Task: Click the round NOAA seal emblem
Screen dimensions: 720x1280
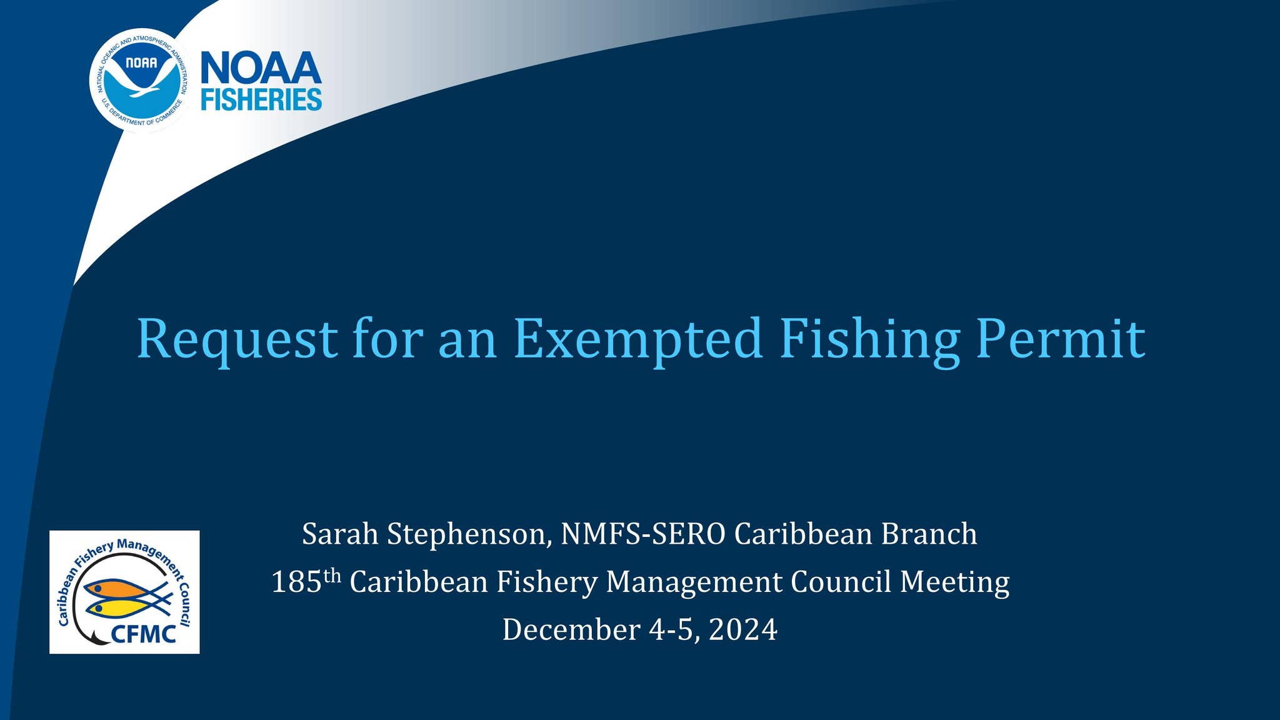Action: click(141, 80)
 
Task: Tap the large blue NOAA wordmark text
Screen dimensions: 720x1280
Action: click(261, 68)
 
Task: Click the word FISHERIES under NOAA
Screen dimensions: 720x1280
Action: click(261, 100)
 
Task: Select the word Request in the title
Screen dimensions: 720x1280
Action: click(237, 339)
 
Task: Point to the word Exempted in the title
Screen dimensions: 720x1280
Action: click(637, 339)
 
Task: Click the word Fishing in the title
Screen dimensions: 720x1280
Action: click(869, 339)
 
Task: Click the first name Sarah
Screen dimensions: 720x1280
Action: click(340, 534)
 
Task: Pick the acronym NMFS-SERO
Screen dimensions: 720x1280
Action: click(643, 534)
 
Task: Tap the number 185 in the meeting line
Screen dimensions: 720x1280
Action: click(296, 582)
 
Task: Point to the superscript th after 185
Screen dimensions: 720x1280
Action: click(332, 574)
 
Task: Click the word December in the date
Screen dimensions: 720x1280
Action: click(571, 630)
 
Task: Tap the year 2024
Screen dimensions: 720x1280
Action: click(743, 630)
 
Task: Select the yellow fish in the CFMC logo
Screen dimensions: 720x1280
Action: click(120, 607)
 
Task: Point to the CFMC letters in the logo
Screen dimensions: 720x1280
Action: click(143, 634)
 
